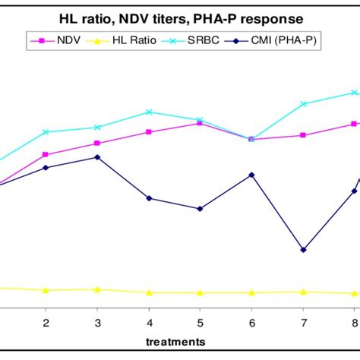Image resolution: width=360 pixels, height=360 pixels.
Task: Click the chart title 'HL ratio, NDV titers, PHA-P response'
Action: [x=179, y=17]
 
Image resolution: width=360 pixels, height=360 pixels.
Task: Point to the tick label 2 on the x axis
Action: [x=46, y=321]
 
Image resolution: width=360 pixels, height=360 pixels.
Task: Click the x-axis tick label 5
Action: [x=200, y=321]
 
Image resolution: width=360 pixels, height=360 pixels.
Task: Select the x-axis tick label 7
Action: [x=303, y=321]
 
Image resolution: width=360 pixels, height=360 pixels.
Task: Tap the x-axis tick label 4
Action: [x=149, y=321]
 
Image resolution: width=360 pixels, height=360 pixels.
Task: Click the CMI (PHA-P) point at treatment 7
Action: [x=303, y=250]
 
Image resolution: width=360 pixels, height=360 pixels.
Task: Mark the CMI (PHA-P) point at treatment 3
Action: [x=97, y=157]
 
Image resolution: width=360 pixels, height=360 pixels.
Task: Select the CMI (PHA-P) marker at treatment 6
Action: [x=251, y=175]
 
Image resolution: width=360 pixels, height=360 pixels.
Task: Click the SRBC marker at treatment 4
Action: [x=149, y=112]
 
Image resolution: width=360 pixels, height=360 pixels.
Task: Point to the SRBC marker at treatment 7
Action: [x=303, y=104]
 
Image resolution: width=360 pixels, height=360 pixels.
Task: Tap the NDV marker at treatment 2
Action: [x=46, y=154]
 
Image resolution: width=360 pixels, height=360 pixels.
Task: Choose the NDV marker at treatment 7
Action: [x=303, y=135]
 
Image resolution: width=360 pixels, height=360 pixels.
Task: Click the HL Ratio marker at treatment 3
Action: [x=97, y=289]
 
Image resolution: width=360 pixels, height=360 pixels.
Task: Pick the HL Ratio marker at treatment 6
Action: [x=251, y=292]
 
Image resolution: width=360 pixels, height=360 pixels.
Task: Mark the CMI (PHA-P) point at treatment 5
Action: [x=200, y=209]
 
